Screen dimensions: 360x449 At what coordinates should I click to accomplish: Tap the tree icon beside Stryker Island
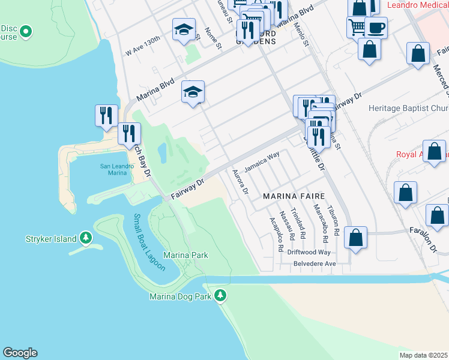point(86,239)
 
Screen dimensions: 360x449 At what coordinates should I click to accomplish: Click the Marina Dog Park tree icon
point(221,295)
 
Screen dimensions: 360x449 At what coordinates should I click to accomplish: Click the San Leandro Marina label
point(113,169)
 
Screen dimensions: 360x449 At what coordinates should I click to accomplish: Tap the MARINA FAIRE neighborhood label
point(294,196)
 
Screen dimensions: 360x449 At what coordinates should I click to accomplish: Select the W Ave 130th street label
point(143,46)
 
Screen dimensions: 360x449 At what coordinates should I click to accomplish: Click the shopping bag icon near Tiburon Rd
point(356,237)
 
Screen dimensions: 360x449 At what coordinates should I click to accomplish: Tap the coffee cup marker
point(376,27)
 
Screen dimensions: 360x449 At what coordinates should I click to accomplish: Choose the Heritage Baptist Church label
point(408,109)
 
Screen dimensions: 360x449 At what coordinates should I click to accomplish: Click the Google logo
point(20,353)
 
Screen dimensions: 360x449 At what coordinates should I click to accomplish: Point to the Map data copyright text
point(424,355)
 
